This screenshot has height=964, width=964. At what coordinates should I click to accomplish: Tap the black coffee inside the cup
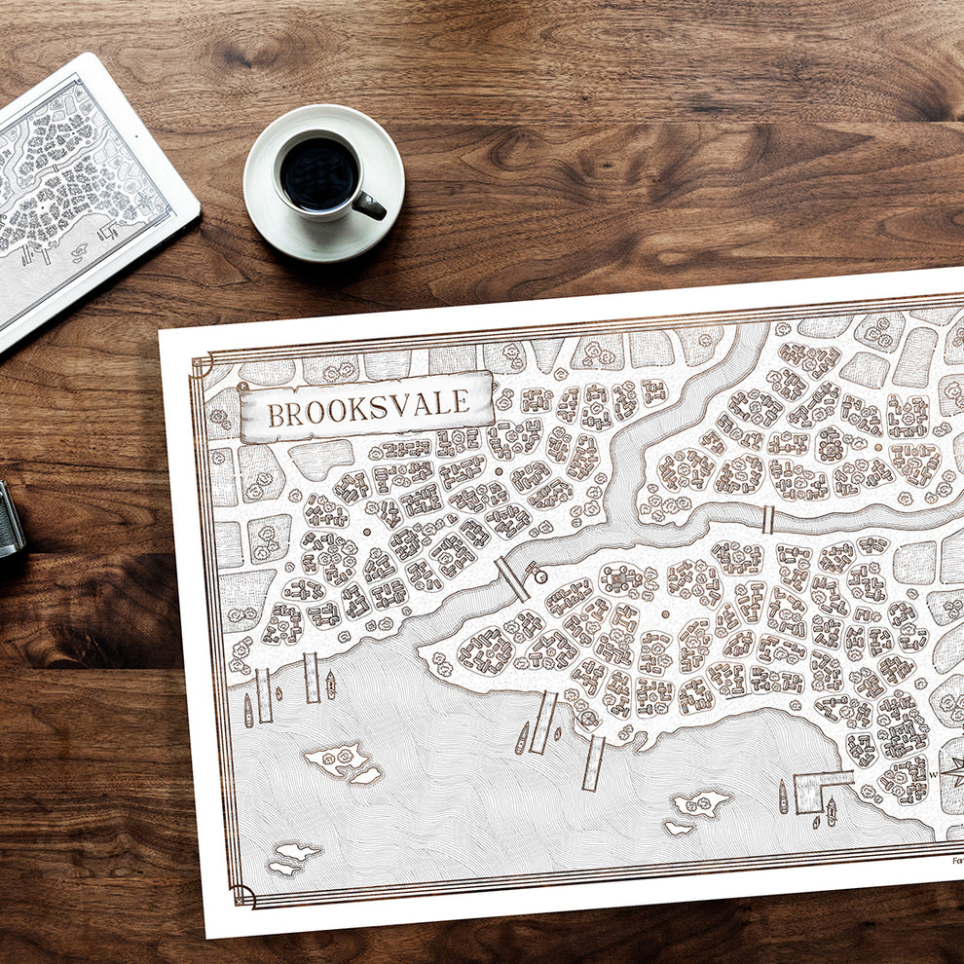point(318,174)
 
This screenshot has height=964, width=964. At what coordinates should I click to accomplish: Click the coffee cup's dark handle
point(370,205)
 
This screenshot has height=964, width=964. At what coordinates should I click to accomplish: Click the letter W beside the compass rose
point(932,775)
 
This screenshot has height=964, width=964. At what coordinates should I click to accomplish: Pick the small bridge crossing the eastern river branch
point(767,520)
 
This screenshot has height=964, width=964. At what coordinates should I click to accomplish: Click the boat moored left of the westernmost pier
point(247,710)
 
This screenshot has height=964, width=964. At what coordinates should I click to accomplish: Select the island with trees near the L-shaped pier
point(700,803)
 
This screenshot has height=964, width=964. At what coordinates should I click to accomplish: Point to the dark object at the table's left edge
point(10,521)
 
